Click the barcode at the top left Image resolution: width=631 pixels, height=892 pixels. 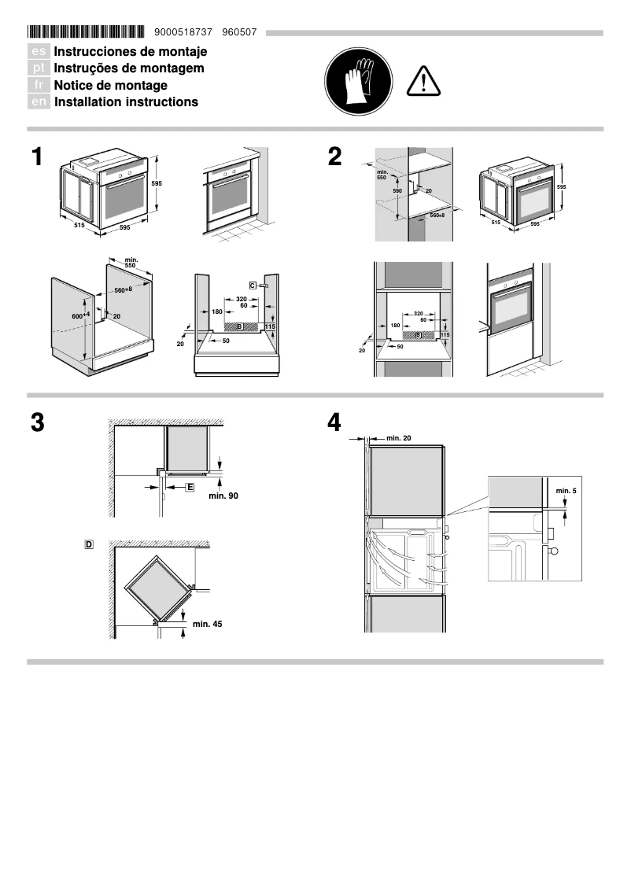coord(86,32)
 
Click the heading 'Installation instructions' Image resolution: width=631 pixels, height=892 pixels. coord(126,102)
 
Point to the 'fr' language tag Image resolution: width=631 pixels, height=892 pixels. coord(39,85)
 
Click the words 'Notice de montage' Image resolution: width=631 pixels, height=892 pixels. coord(110,85)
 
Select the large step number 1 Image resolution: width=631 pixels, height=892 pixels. coord(36,157)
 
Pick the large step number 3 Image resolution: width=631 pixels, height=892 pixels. coord(37,422)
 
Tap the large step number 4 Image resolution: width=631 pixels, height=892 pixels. coord(334,422)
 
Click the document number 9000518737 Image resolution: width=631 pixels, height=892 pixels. coord(179,32)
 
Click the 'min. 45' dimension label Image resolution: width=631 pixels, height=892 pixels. coord(207,624)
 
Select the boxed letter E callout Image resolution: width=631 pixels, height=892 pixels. coord(190,488)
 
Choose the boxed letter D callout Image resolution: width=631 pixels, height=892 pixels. coord(89,544)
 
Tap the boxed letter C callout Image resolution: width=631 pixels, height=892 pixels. coord(253,284)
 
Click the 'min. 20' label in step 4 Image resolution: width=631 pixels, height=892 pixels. coord(398,437)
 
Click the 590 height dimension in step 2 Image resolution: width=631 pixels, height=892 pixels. coord(397,191)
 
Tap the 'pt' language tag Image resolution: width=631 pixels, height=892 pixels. coord(39,68)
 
